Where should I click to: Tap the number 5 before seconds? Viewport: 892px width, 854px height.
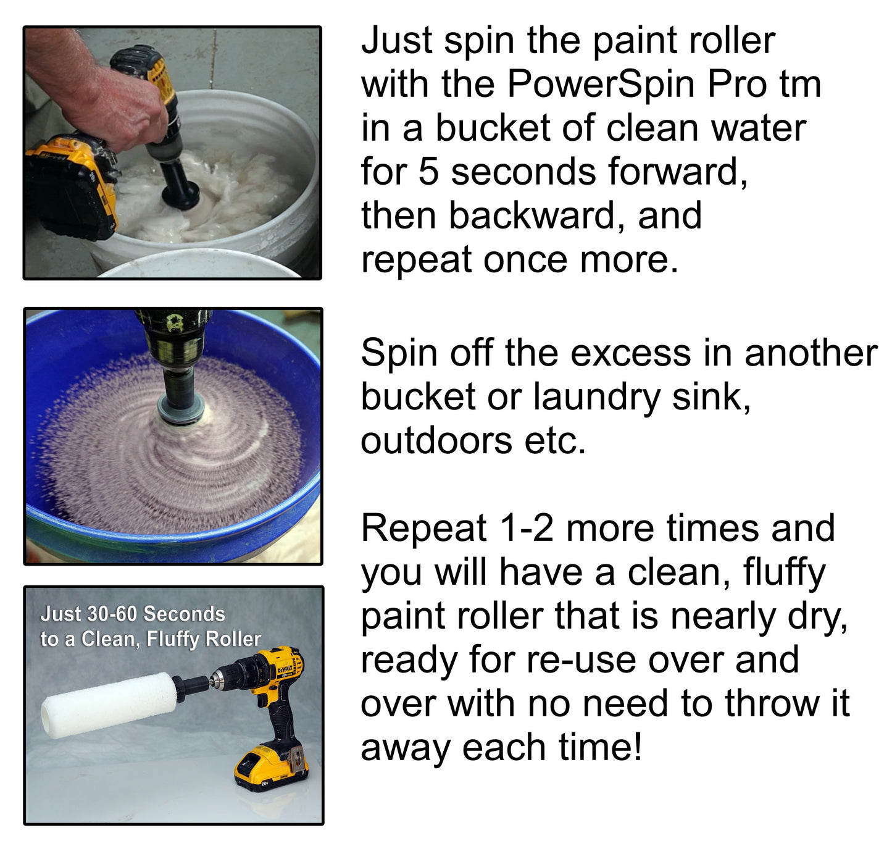pos(428,172)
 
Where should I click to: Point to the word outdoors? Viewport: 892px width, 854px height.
pos(436,441)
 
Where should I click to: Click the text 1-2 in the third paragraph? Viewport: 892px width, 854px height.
pos(526,529)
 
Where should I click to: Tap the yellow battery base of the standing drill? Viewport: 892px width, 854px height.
pos(270,769)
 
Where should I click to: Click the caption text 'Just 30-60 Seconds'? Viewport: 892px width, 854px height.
pos(133,614)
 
